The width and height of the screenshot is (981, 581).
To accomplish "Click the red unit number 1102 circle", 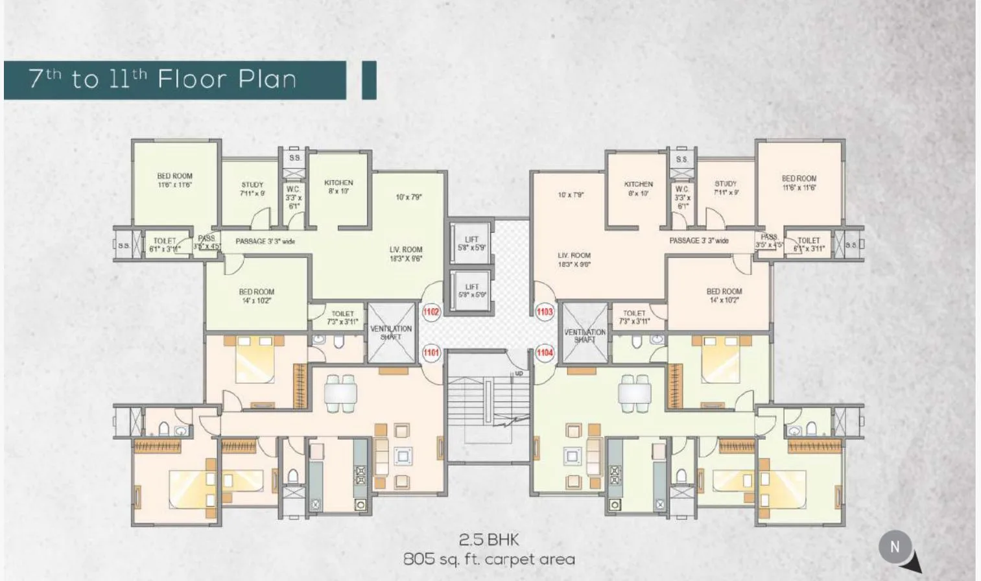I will point(431,312).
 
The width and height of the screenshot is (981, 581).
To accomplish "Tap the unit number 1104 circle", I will point(545,353).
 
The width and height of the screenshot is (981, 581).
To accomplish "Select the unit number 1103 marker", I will point(545,312).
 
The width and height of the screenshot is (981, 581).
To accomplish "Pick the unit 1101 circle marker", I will point(431,353).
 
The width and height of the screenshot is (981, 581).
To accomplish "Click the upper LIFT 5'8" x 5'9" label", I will point(471,243).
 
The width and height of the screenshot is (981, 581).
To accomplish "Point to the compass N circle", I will point(895,547).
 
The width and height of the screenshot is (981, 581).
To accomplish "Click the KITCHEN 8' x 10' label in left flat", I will point(338,187).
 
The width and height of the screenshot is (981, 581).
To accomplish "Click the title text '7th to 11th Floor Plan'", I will point(163,79).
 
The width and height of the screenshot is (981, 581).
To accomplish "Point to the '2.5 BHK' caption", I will point(489,539).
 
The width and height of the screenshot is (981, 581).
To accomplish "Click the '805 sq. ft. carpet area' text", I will point(489,559).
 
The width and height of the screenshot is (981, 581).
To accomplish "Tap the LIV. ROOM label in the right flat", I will point(574,259).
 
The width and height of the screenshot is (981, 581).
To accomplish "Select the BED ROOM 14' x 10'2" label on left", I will point(256,296).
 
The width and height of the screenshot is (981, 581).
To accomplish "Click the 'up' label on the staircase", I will point(519,373).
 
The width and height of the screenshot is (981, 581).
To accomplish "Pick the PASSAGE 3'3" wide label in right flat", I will point(699,241).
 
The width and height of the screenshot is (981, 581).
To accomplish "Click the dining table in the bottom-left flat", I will point(340,393).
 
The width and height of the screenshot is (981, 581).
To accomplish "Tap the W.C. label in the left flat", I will point(293,197).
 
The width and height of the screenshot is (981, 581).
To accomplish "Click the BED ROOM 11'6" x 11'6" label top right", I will point(799,183).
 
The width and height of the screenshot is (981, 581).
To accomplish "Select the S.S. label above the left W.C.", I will point(294,158).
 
